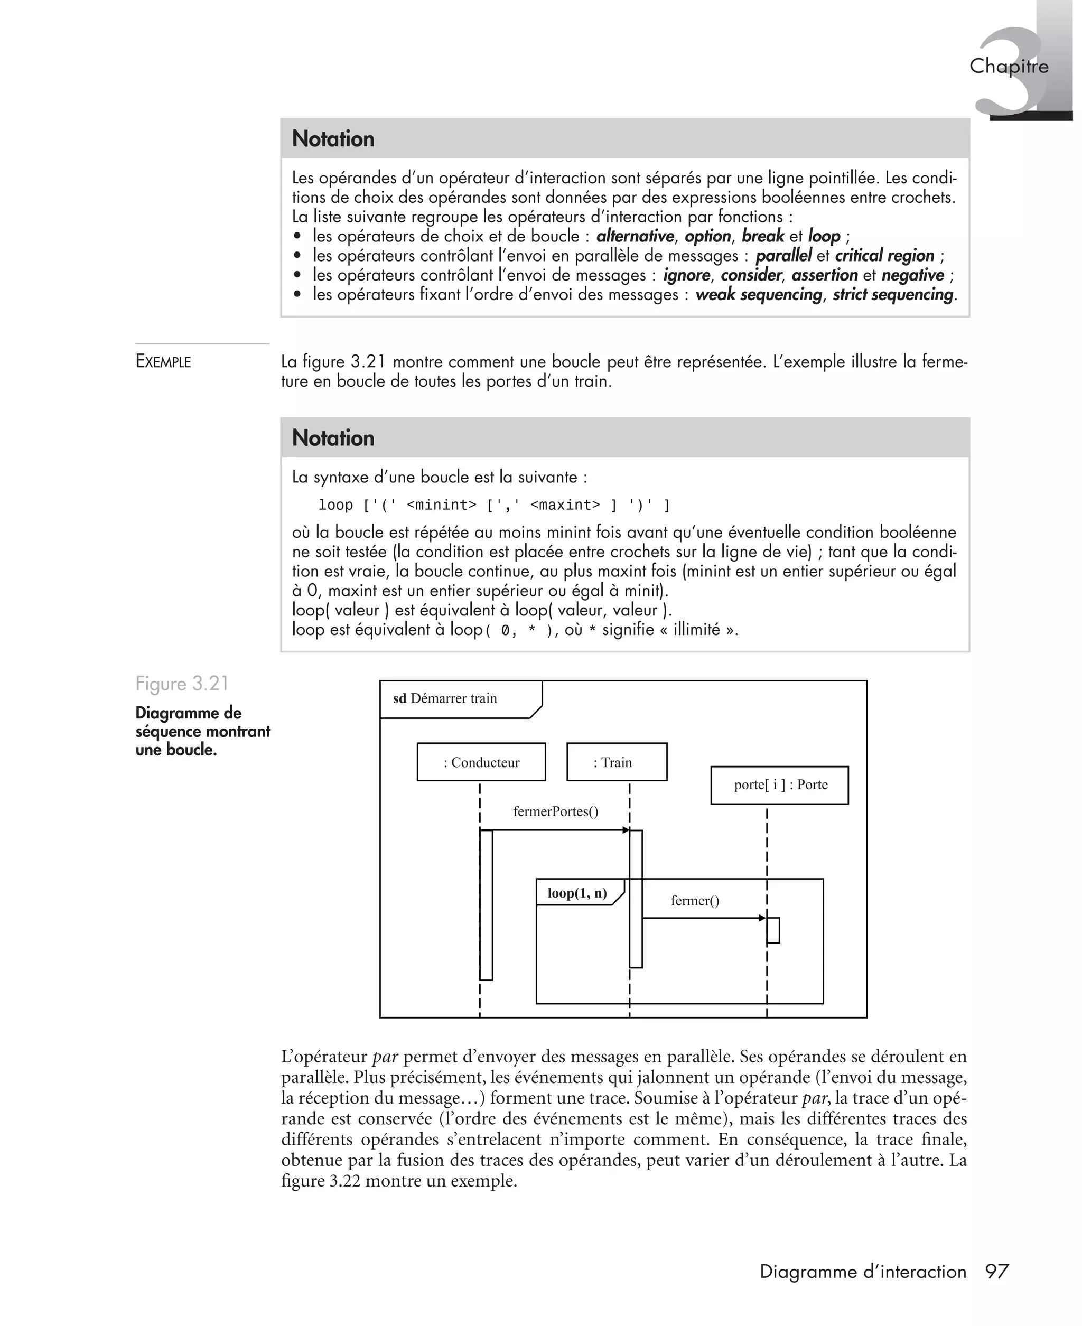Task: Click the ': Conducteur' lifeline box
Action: tap(481, 762)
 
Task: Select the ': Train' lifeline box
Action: tap(617, 762)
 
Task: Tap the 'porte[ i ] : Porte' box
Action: tap(780, 785)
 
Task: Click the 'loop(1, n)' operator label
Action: tap(577, 893)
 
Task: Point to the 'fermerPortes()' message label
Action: tap(555, 811)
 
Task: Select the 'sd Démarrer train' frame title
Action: tap(445, 698)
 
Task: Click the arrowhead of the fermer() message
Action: tap(762, 918)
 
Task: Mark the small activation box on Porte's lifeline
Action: tap(773, 930)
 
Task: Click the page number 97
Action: tap(996, 1271)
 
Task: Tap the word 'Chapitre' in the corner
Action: tap(1009, 66)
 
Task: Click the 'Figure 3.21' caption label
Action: tap(182, 684)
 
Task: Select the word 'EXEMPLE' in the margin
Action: tap(163, 361)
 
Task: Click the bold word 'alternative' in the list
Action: tap(635, 236)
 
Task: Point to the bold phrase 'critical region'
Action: tap(884, 256)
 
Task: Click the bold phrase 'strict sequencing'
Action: tap(892, 294)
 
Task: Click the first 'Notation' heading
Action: tap(333, 138)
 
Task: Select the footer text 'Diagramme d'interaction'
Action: tap(863, 1271)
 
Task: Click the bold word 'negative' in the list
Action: tap(912, 275)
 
